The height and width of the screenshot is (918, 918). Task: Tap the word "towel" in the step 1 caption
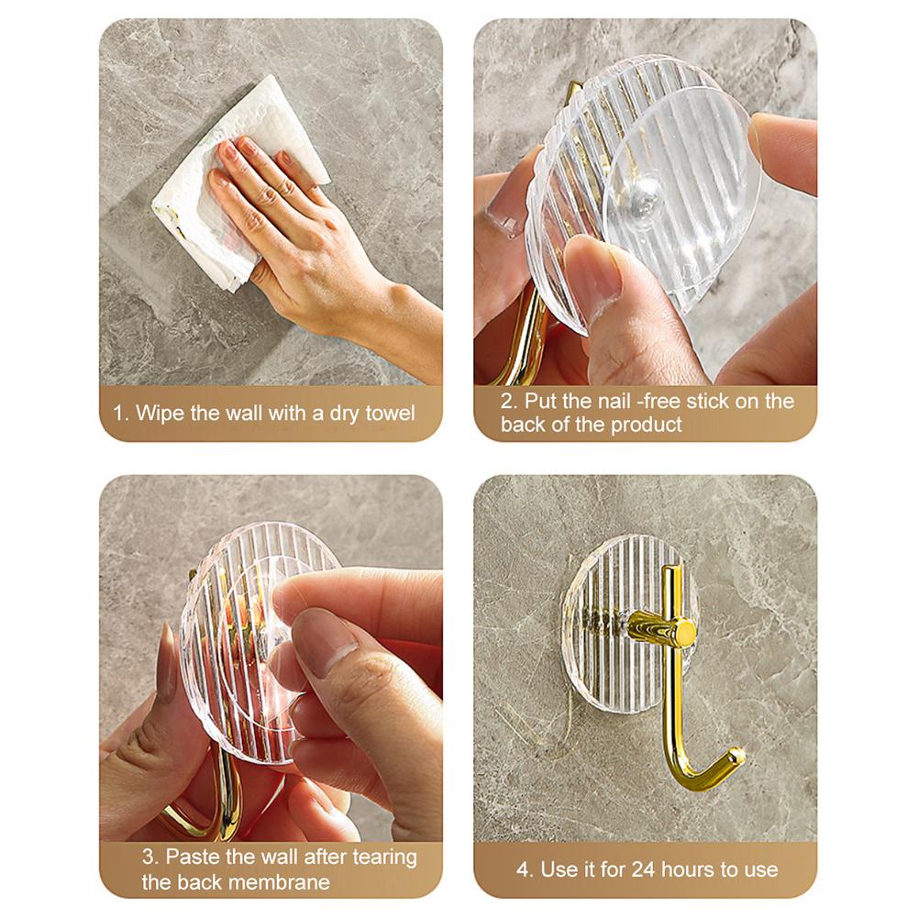coord(389,414)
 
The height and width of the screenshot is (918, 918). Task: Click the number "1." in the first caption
coord(122,414)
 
